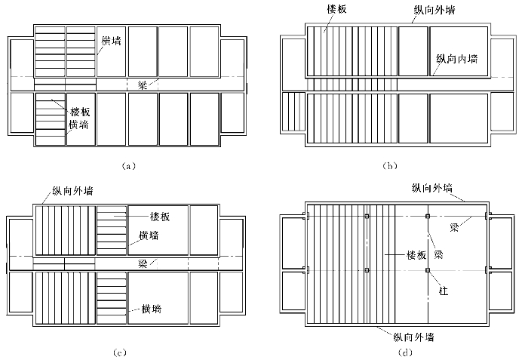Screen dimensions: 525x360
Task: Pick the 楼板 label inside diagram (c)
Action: [x=159, y=217]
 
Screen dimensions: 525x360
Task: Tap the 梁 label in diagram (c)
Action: [x=142, y=263]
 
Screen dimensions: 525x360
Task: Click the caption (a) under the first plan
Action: [x=127, y=165]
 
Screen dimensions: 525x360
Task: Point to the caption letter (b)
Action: [x=390, y=165]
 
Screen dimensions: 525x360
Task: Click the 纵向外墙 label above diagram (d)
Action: [x=433, y=186]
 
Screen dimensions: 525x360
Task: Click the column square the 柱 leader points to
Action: [x=427, y=269]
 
